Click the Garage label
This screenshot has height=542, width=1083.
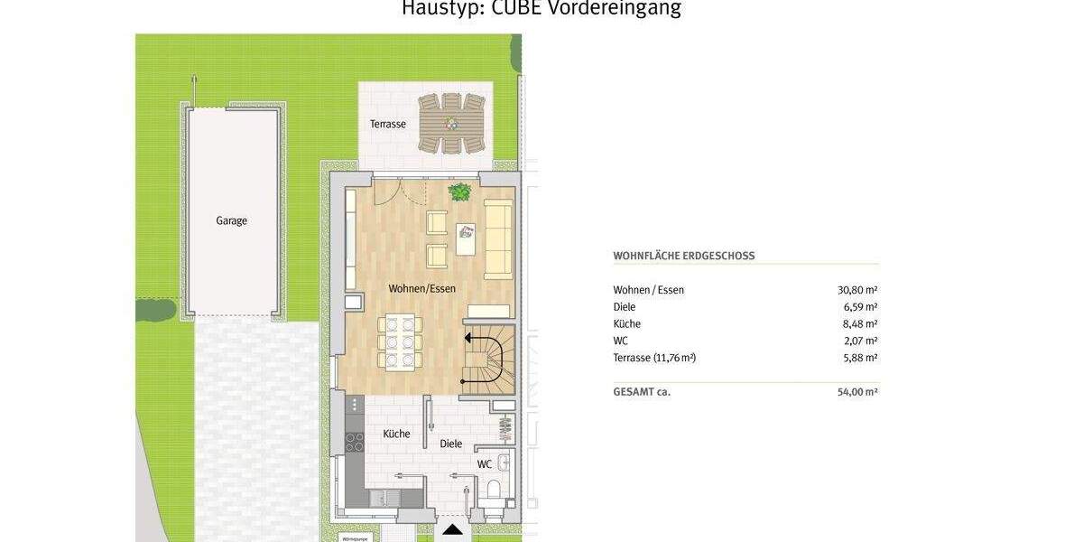point(231,220)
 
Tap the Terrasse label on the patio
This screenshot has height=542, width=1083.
point(387,124)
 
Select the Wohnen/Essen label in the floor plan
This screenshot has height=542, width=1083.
point(421,289)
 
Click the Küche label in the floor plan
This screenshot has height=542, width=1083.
point(396,434)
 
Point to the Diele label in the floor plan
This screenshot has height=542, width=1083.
point(450,444)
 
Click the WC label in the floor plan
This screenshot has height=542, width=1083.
point(485,464)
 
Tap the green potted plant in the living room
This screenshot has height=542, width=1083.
point(460,192)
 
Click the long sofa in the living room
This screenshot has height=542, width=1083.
point(498,239)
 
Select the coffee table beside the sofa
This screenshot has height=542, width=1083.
point(466,239)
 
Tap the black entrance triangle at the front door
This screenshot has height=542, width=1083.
point(452,529)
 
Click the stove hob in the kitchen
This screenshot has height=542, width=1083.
point(355,442)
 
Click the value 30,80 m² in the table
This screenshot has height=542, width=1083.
point(857,290)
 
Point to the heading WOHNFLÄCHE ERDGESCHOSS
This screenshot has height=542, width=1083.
point(684,256)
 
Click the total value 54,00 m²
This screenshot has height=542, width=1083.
point(857,392)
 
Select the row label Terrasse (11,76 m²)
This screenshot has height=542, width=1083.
point(654,358)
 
